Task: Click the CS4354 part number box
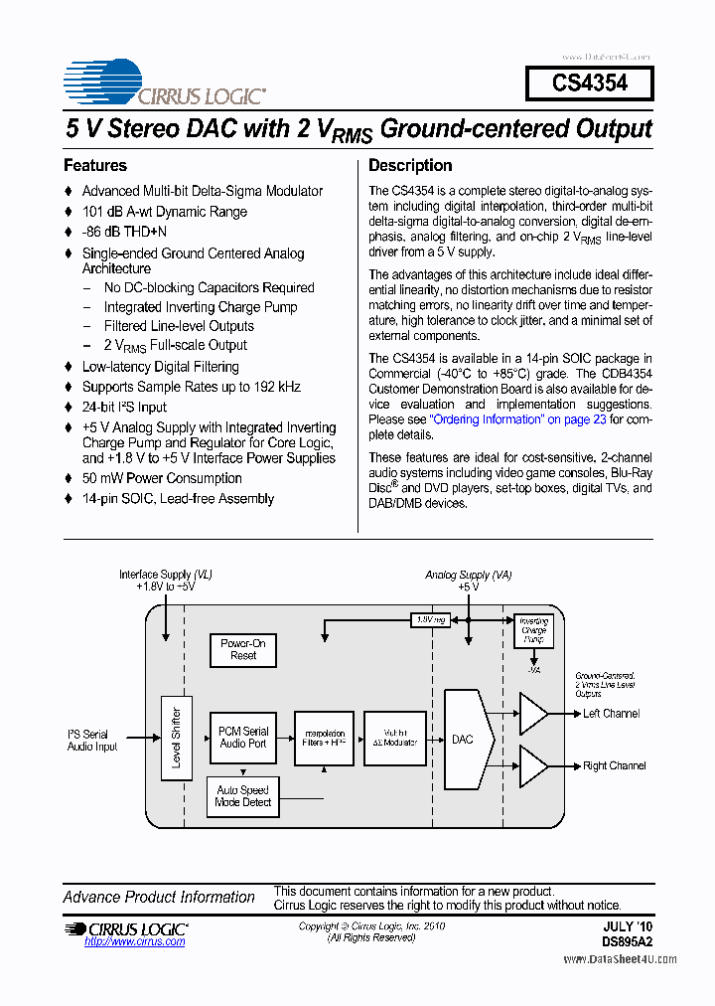point(589,83)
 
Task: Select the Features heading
point(95,166)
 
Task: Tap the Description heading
point(410,166)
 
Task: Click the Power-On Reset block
point(243,650)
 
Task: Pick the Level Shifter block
point(176,737)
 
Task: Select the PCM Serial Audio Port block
point(242,738)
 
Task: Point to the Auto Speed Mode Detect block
point(242,796)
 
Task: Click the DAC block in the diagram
point(464,739)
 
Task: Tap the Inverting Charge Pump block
point(533,630)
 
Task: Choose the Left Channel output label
point(611,714)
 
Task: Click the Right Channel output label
point(614,766)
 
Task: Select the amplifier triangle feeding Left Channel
point(532,714)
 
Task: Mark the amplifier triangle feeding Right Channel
point(532,765)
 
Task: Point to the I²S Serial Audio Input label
point(92,741)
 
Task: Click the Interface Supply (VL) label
point(166,575)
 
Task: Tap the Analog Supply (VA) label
point(469,575)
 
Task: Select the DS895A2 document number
point(627,940)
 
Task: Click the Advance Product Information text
point(159,898)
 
